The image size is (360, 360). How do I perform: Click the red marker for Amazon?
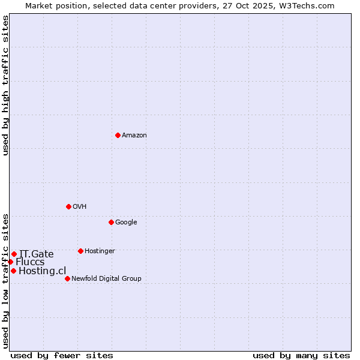[118, 135]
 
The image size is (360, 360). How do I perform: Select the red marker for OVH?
[68, 206]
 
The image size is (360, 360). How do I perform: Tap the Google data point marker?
[111, 222]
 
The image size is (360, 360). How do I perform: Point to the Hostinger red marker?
[80, 251]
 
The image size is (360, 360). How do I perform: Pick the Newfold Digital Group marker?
[67, 278]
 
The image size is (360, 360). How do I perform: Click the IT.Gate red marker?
[14, 254]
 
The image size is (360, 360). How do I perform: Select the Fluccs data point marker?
[10, 262]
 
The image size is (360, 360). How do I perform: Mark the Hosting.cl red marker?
[13, 271]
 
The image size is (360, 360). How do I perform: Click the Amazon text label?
[134, 136]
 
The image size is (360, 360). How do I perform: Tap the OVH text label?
[80, 207]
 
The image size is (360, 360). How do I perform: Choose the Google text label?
[126, 223]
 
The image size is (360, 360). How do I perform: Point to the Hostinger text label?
[100, 251]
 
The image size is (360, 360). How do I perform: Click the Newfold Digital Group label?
[106, 279]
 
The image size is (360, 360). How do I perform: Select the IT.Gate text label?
[37, 254]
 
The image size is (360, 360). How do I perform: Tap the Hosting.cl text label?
[43, 271]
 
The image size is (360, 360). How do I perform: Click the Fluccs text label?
[30, 262]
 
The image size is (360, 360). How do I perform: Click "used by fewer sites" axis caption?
[62, 355]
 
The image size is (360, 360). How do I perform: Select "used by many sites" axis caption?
[301, 355]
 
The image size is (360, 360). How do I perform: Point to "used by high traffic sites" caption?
[5, 85]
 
